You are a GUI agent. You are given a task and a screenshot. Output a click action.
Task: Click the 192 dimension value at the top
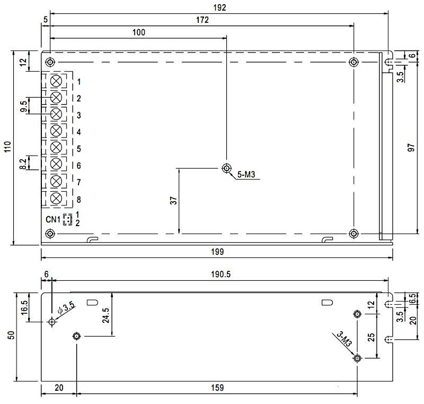[x=219, y=7]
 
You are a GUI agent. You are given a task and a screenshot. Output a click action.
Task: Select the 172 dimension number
[x=202, y=20]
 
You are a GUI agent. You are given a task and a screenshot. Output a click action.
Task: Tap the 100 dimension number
[x=139, y=32]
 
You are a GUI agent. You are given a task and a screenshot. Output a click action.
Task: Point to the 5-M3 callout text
[x=246, y=175]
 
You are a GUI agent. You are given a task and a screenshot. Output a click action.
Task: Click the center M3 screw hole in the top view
[x=227, y=168]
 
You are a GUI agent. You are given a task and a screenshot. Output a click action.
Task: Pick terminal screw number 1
[x=56, y=81]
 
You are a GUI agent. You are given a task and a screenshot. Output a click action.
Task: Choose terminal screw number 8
[x=56, y=198]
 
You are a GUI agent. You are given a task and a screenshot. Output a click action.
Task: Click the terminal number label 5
[x=78, y=149]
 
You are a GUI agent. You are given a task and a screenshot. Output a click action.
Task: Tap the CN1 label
[x=52, y=219]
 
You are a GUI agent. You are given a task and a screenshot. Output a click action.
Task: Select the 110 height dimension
[x=7, y=147]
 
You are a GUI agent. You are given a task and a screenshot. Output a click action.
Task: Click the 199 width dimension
[x=217, y=252]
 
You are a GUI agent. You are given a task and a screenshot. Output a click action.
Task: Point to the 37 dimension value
[x=173, y=201]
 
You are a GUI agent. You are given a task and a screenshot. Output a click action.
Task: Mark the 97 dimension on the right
[x=411, y=148]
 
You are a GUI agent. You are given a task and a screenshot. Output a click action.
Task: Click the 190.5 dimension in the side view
[x=220, y=274]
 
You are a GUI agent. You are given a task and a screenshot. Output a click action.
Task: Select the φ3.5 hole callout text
[x=66, y=308]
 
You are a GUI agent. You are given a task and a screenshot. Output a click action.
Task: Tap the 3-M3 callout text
[x=344, y=339]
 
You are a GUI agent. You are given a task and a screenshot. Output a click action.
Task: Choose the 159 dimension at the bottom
[x=217, y=388]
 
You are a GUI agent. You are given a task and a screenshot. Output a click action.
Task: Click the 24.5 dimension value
[x=105, y=315]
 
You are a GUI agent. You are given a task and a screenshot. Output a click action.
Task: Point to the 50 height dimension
[x=11, y=335]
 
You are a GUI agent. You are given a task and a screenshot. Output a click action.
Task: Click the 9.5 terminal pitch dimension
[x=24, y=106]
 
